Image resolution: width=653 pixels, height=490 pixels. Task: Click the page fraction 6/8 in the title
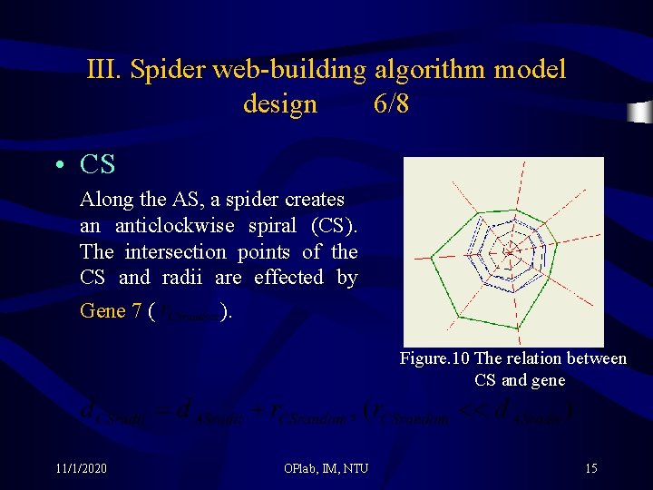[391, 104]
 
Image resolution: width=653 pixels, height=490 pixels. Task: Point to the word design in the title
[280, 104]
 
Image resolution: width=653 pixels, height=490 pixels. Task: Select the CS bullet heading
[98, 165]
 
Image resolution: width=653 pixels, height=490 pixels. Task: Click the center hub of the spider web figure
[510, 250]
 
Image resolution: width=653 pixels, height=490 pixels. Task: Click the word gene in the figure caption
[547, 380]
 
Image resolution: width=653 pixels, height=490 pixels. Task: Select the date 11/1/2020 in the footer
[81, 468]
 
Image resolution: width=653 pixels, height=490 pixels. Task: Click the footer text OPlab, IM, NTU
[326, 468]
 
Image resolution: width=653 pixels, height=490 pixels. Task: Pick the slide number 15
[590, 468]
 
